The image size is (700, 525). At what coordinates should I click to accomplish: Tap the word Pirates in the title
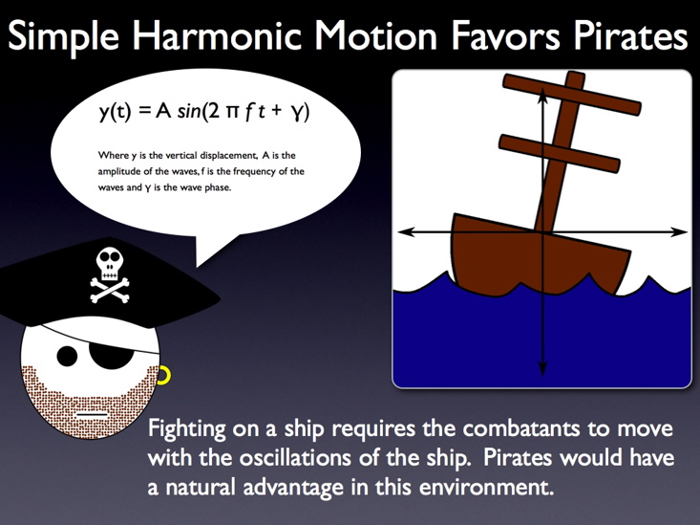tap(630, 35)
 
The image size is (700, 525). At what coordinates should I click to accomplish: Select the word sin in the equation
tap(188, 111)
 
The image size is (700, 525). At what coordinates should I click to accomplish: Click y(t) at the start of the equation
tap(116, 112)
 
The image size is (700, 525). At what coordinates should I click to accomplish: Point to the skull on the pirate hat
tap(110, 264)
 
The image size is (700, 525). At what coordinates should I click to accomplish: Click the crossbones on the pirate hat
tap(110, 290)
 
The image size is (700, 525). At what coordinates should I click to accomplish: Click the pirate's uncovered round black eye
tap(67, 357)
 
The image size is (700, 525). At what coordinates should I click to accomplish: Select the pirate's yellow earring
tap(164, 375)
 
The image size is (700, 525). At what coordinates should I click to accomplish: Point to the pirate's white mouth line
tap(92, 414)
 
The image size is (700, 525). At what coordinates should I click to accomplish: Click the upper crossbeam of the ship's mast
tap(572, 95)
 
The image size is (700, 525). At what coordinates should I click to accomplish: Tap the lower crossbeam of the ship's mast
tap(559, 153)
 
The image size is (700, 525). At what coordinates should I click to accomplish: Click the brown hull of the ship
tap(541, 254)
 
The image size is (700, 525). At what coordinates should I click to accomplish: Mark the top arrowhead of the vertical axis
tap(542, 95)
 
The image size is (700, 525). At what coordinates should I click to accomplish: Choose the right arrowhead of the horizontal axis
tap(679, 231)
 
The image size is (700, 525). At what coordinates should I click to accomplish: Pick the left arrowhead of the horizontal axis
tap(405, 231)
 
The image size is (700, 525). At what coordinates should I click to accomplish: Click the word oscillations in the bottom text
tap(295, 458)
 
